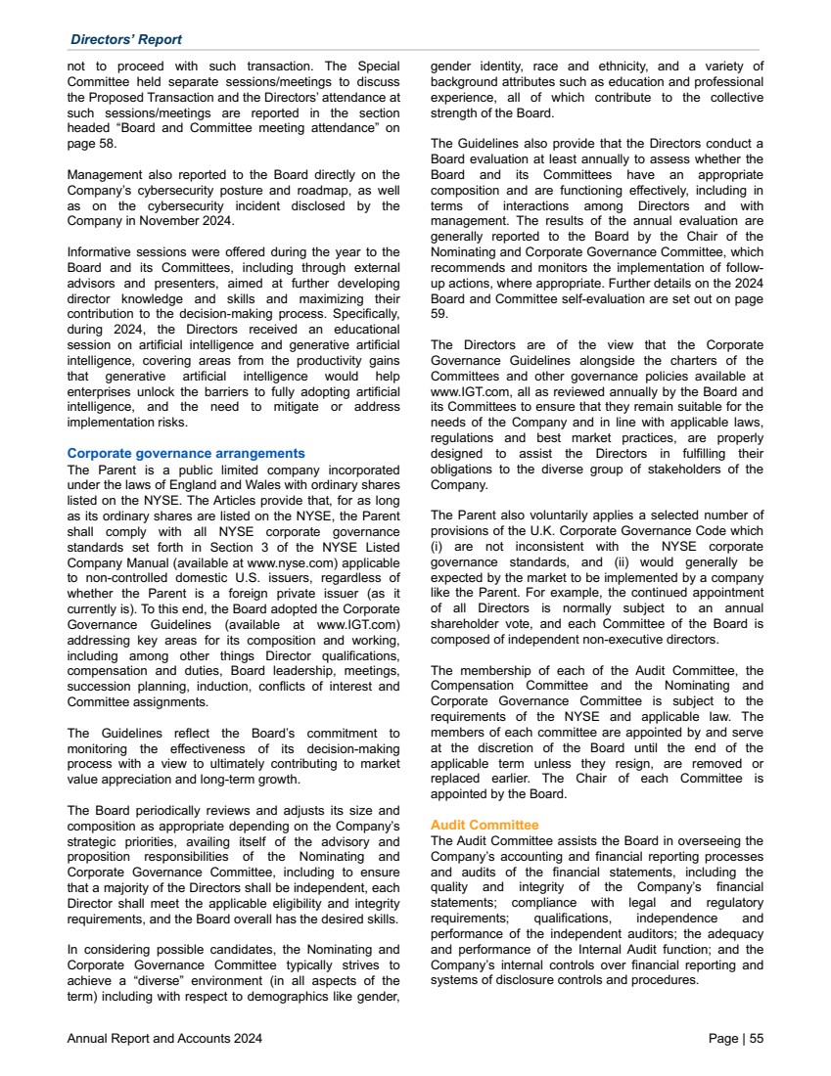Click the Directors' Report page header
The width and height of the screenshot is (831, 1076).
point(126,39)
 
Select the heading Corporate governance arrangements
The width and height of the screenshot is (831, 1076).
point(186,453)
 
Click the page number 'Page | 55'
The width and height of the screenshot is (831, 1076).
point(736,1039)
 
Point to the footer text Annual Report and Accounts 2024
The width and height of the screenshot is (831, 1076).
point(164,1039)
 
